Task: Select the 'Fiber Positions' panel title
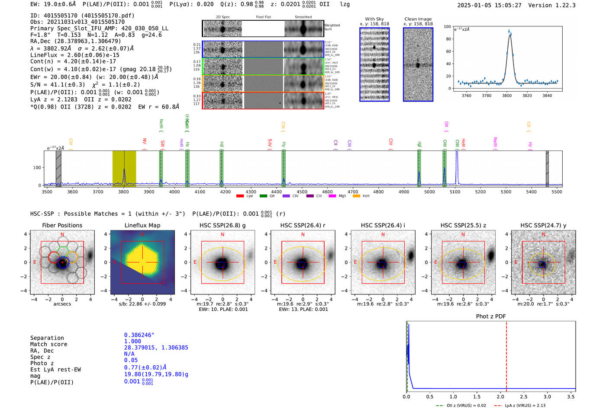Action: click(62, 225)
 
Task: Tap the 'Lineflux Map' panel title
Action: click(142, 225)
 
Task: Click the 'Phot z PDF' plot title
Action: click(491, 316)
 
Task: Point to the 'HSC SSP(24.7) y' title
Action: click(543, 225)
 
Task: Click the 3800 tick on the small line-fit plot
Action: click(507, 96)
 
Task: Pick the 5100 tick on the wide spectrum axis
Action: click(455, 192)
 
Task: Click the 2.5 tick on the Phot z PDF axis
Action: click(524, 396)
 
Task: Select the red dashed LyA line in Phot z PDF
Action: click(506, 355)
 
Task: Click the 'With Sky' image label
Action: click(374, 19)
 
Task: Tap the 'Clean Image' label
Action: click(418, 19)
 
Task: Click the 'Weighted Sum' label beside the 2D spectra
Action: click(332, 27)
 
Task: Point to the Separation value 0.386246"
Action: click(139, 335)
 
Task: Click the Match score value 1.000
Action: click(132, 341)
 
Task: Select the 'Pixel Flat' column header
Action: click(263, 17)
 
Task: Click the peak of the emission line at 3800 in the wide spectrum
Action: click(124, 169)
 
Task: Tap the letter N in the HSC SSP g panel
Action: click(222, 234)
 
